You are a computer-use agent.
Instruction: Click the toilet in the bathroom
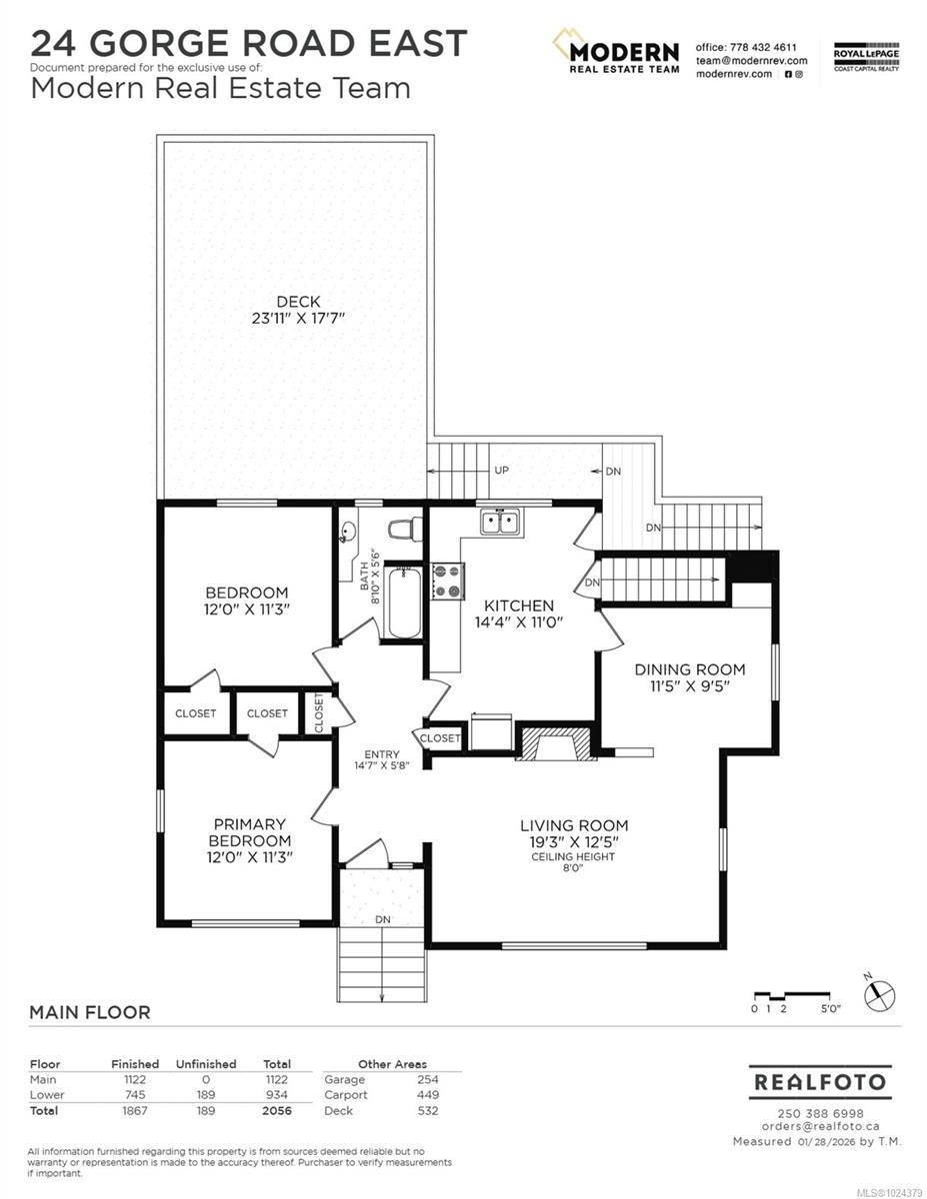pyautogui.click(x=405, y=530)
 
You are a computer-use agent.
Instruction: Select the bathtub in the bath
pyautogui.click(x=404, y=600)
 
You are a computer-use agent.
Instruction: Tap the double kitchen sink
pyautogui.click(x=499, y=522)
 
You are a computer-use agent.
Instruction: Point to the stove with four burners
pyautogui.click(x=447, y=581)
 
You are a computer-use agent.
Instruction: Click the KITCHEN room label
pyautogui.click(x=519, y=605)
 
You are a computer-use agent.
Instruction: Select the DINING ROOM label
pyautogui.click(x=690, y=669)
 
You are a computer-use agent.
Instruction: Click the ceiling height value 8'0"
pyautogui.click(x=573, y=869)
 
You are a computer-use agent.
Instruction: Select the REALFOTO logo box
pyautogui.click(x=819, y=1082)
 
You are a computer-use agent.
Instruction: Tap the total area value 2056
pyautogui.click(x=276, y=1110)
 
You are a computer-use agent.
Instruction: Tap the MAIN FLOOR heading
pyautogui.click(x=90, y=1012)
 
